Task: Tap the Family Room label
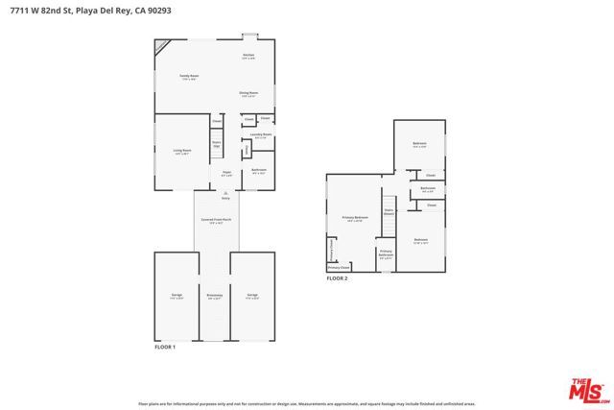click(x=188, y=76)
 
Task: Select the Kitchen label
click(x=248, y=56)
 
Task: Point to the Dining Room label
click(x=248, y=93)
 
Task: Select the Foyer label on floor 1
click(x=226, y=174)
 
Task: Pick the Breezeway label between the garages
click(x=215, y=296)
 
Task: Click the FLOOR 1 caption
click(x=166, y=347)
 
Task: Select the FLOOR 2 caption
click(x=337, y=277)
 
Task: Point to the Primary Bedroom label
click(x=355, y=219)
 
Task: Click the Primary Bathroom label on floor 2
click(x=387, y=254)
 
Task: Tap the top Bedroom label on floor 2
click(x=419, y=144)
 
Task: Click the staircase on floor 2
click(x=390, y=223)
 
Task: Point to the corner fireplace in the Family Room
click(x=161, y=44)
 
